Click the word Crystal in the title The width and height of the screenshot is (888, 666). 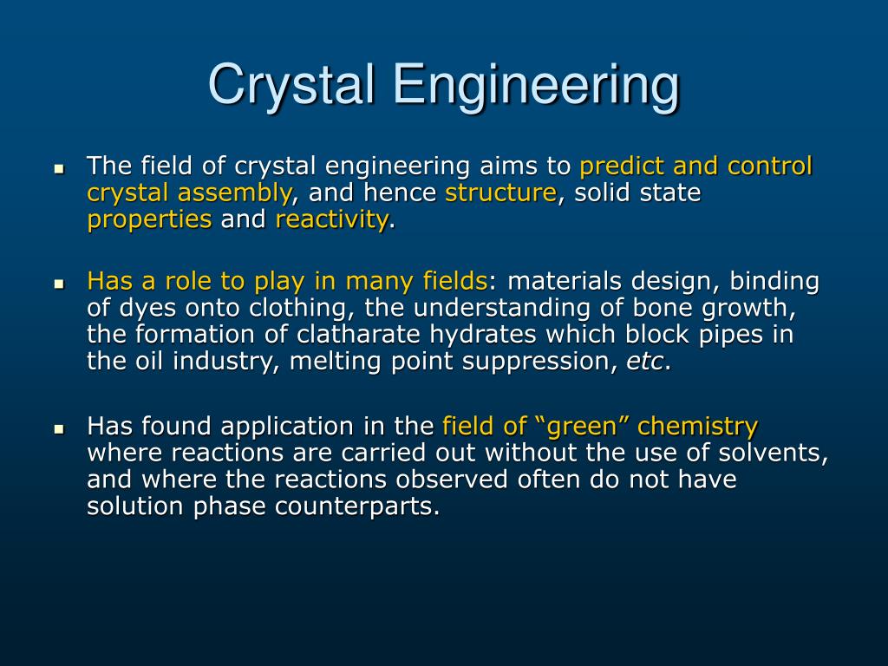[x=292, y=85]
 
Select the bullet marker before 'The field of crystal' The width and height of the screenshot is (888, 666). [x=59, y=167]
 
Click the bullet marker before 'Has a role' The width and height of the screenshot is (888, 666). [x=59, y=284]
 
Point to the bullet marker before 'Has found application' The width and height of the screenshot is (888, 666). [x=59, y=428]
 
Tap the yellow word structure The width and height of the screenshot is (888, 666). [x=500, y=193]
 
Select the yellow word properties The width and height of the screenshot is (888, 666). [x=149, y=220]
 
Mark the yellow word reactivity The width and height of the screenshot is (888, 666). [x=332, y=220]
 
